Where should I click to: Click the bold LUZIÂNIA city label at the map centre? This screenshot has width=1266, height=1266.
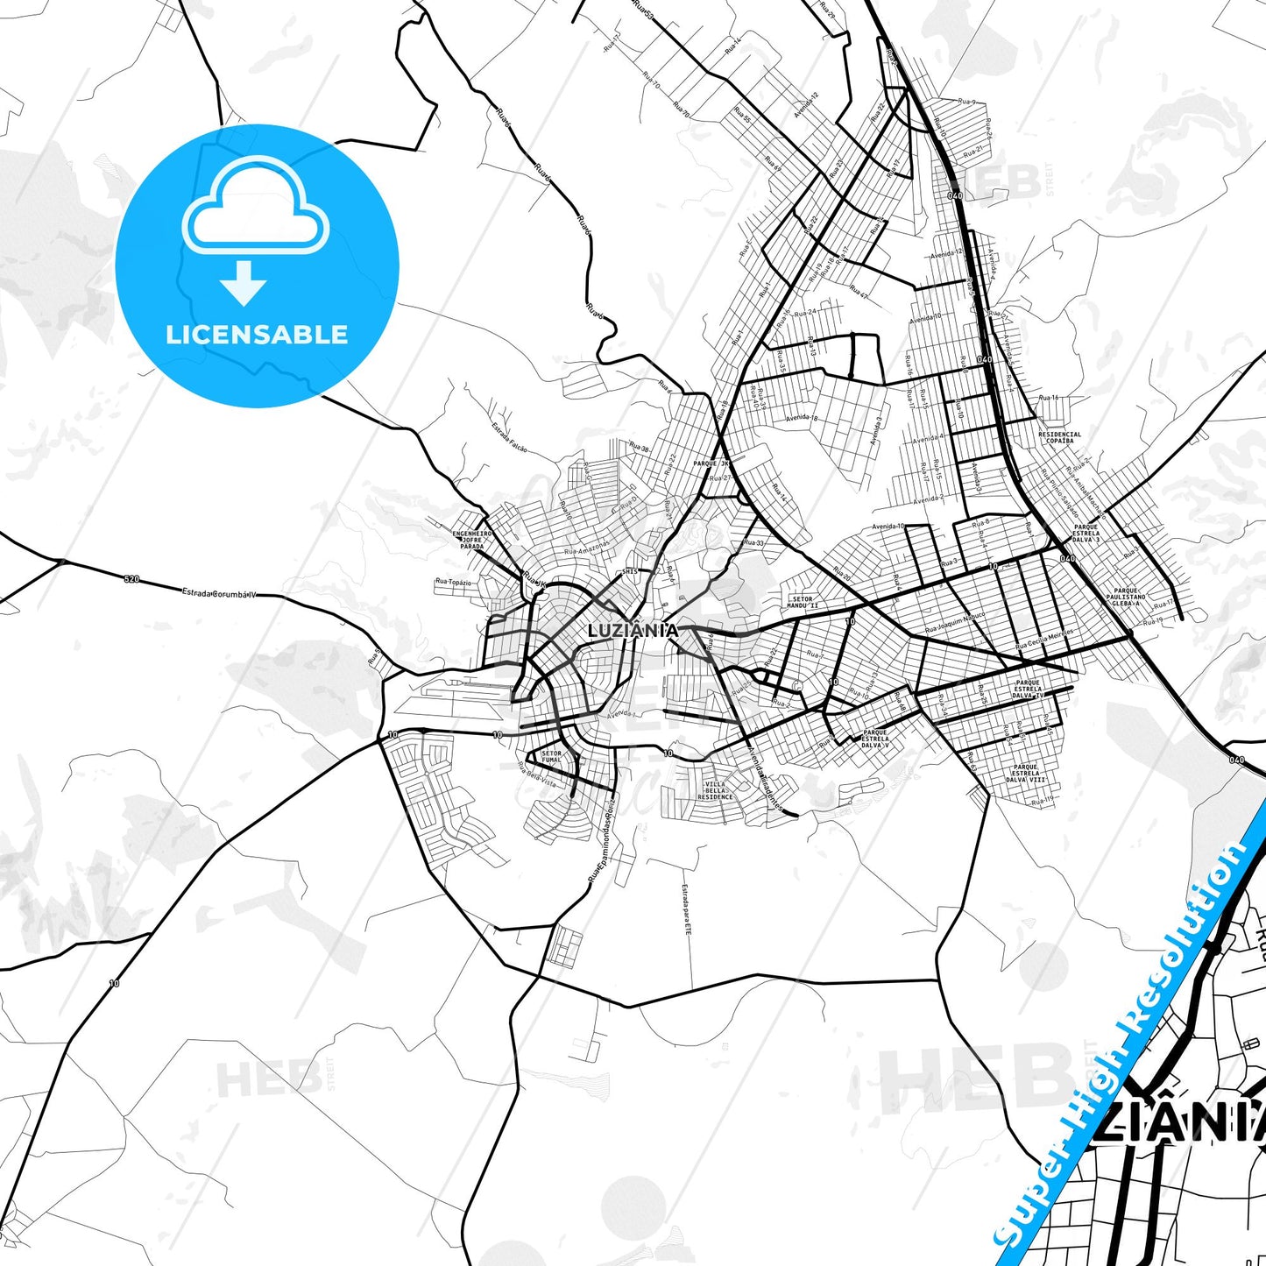tap(633, 630)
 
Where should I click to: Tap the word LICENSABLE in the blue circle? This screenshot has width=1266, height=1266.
tap(257, 334)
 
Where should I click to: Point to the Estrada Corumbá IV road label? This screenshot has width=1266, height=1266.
tap(219, 594)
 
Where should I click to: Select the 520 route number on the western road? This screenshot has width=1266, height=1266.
tap(131, 579)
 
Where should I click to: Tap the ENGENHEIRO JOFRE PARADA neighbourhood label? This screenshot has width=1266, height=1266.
tap(472, 540)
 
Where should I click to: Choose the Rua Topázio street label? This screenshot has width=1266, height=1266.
tap(454, 582)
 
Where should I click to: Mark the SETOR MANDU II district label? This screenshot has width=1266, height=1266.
tap(802, 602)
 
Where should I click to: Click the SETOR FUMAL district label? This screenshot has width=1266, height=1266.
tap(552, 757)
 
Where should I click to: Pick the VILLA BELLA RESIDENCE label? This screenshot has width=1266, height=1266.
tap(715, 790)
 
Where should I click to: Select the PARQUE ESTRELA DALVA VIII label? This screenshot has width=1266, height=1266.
tap(1025, 773)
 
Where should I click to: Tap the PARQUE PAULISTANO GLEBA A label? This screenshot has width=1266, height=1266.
tap(1126, 597)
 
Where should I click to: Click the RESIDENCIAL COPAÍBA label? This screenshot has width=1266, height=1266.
tap(1059, 436)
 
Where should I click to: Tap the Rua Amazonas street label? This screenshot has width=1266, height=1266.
tap(587, 548)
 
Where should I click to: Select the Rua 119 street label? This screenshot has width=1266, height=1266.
tap(1043, 801)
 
